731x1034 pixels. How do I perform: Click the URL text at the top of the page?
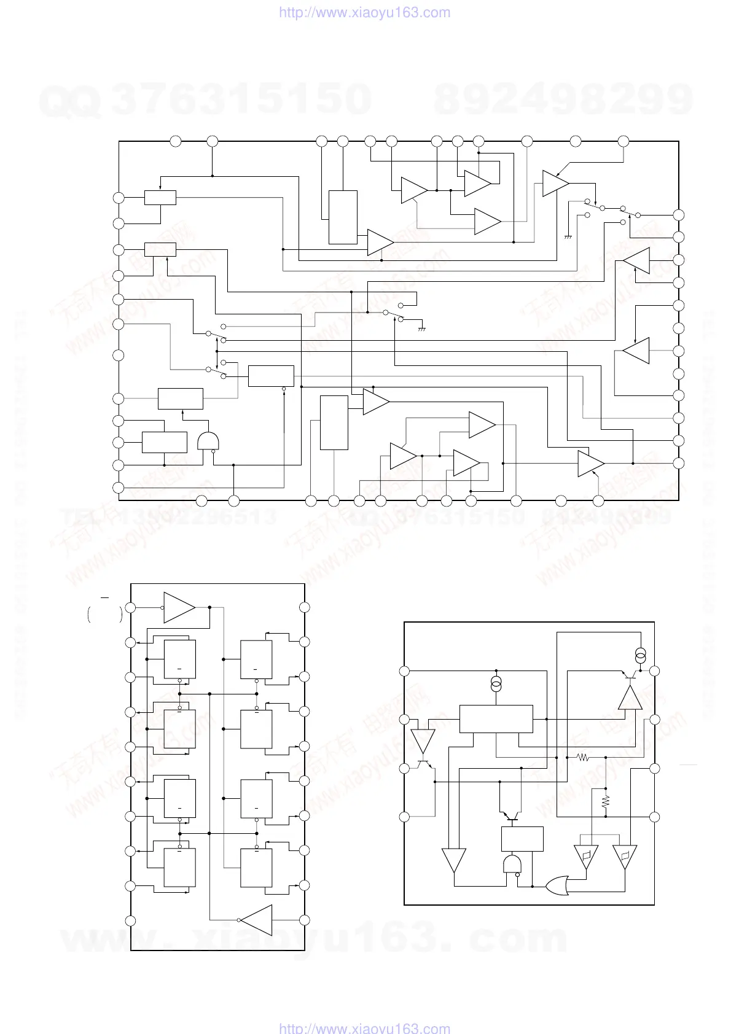pyautogui.click(x=364, y=12)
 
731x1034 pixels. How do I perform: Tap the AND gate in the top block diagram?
pyautogui.click(x=208, y=441)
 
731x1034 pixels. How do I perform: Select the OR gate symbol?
pyautogui.click(x=557, y=885)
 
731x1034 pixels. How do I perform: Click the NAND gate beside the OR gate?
pyautogui.click(x=512, y=866)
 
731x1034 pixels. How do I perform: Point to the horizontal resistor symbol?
pyautogui.click(x=583, y=758)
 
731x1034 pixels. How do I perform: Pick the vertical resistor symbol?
pyautogui.click(x=606, y=801)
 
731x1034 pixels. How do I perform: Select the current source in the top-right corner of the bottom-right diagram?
pyautogui.click(x=641, y=655)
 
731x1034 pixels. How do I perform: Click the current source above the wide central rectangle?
pyautogui.click(x=496, y=684)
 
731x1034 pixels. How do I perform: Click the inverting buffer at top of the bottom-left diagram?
pyautogui.click(x=179, y=608)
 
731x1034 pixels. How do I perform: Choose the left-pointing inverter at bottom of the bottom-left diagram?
pyautogui.click(x=256, y=920)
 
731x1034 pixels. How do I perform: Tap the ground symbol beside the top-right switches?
pyautogui.click(x=568, y=236)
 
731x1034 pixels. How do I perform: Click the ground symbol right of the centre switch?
pyautogui.click(x=422, y=329)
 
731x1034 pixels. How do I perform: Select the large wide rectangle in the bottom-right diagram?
pyautogui.click(x=496, y=718)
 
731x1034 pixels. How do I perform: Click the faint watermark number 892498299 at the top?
pyautogui.click(x=563, y=99)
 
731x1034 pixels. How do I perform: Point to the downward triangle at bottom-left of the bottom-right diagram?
pyautogui.click(x=454, y=860)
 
